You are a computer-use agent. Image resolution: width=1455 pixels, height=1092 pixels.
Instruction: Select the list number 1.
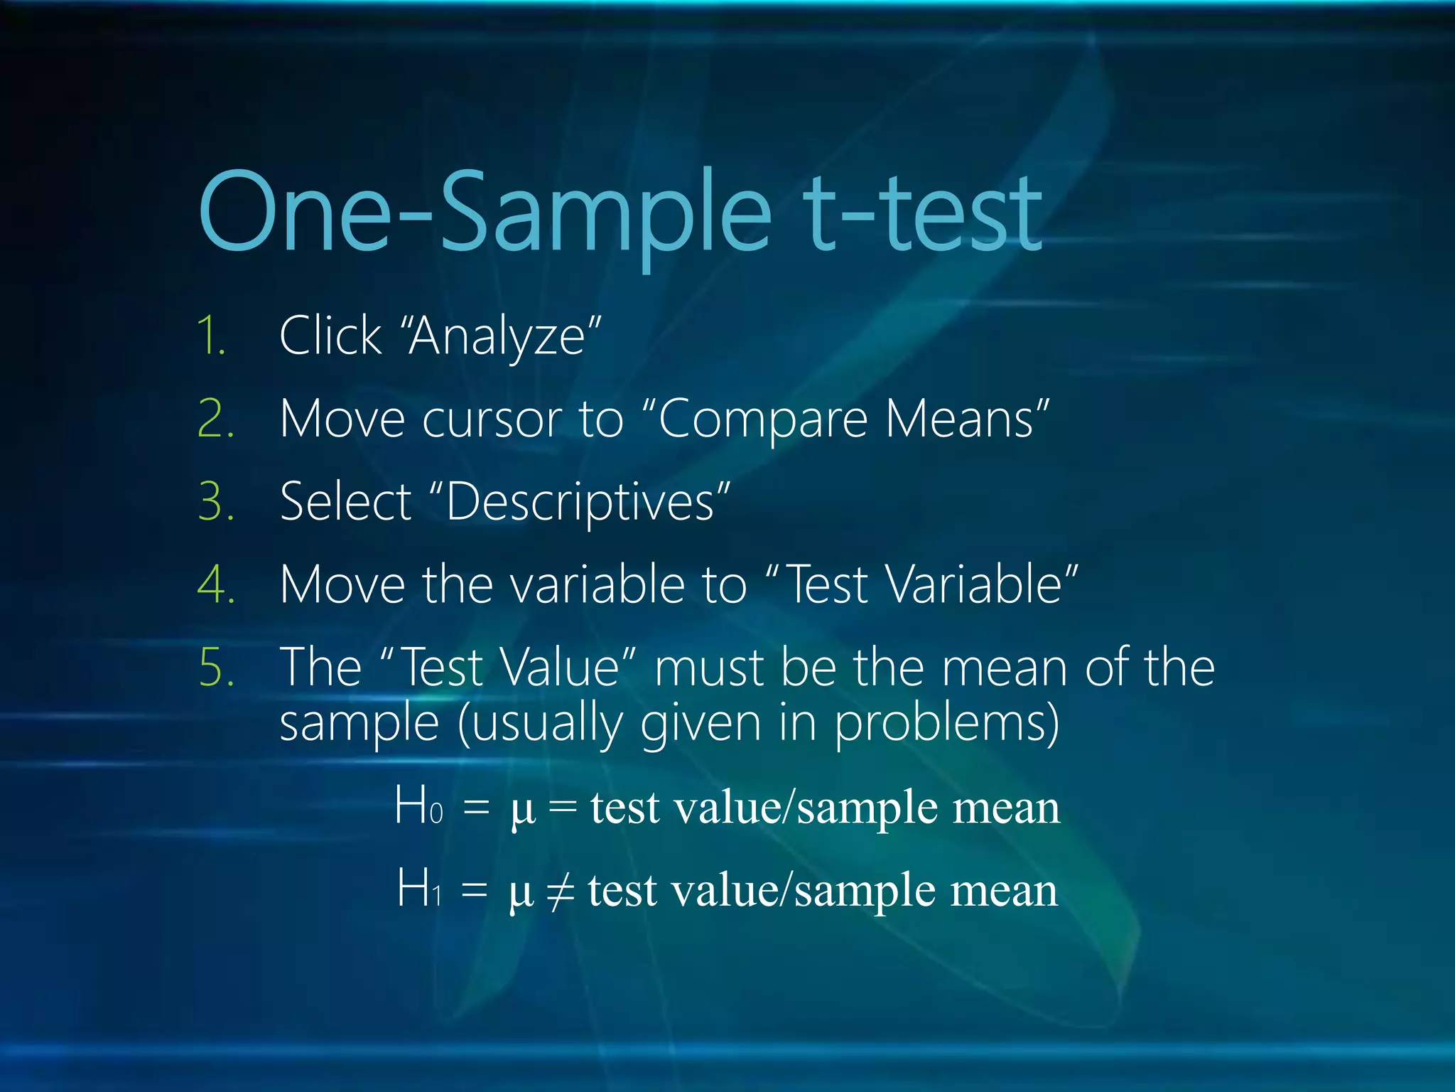click(212, 336)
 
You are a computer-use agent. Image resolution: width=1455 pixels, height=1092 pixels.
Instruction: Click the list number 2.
click(215, 419)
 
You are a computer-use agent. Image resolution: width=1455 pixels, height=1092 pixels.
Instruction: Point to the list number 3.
click(215, 502)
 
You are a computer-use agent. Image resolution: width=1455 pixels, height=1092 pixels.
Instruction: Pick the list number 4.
click(215, 585)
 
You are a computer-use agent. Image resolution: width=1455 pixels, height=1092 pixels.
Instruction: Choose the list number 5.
click(215, 668)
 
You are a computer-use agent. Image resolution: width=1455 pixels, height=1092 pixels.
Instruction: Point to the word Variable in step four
click(974, 585)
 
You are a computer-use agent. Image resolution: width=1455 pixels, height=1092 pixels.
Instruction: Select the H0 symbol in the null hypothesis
click(418, 806)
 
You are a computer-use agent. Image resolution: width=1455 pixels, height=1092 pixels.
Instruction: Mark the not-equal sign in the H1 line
click(561, 890)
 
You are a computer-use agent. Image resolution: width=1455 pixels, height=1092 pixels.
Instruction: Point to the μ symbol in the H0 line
click(522, 810)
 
